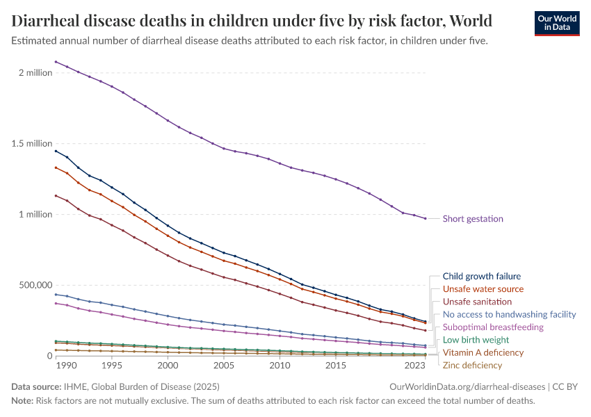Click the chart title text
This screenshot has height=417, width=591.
(252, 20)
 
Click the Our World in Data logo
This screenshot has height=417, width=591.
(556, 22)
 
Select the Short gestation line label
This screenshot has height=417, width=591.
(473, 219)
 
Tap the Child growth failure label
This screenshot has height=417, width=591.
(481, 277)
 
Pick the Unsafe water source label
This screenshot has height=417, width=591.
(483, 289)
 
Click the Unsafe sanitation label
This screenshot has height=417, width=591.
(477, 302)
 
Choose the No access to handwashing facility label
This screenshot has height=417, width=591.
(509, 314)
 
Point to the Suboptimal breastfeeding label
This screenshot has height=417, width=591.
(493, 327)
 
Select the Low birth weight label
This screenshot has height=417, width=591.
(476, 340)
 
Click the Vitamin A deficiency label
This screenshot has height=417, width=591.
(483, 352)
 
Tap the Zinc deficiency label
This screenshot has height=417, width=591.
(472, 365)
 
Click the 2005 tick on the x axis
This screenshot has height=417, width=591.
(224, 366)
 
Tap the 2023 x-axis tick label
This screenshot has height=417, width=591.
(415, 366)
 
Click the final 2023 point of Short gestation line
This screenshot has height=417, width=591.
(426, 219)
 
